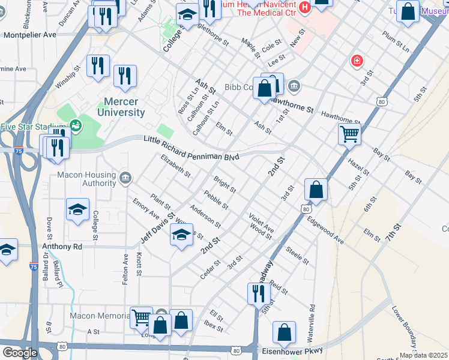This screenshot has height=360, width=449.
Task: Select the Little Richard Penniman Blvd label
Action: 191,148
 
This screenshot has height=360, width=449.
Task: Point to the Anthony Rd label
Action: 62,246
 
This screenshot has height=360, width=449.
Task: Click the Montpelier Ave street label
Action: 30,35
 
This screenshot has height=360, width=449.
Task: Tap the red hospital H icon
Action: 305,7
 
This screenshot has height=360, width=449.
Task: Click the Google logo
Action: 19,352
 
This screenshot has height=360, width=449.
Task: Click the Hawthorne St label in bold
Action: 292,106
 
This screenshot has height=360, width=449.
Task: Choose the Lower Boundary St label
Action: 404,328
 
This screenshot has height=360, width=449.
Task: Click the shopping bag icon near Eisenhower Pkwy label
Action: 284,332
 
